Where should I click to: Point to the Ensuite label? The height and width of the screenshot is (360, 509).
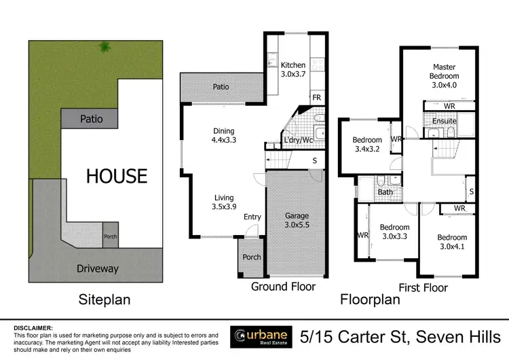443,122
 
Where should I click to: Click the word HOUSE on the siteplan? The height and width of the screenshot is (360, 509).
116,176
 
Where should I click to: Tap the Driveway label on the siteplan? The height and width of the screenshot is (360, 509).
98,268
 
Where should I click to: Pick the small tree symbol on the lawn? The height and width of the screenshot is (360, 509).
105,47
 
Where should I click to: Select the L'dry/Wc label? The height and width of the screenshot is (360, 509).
298,141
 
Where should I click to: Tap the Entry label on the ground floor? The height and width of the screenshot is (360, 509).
252,217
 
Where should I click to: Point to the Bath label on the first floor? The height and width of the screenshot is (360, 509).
385,192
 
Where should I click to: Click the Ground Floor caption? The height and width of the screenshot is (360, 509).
283,287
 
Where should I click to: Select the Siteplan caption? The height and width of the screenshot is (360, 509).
105,299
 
